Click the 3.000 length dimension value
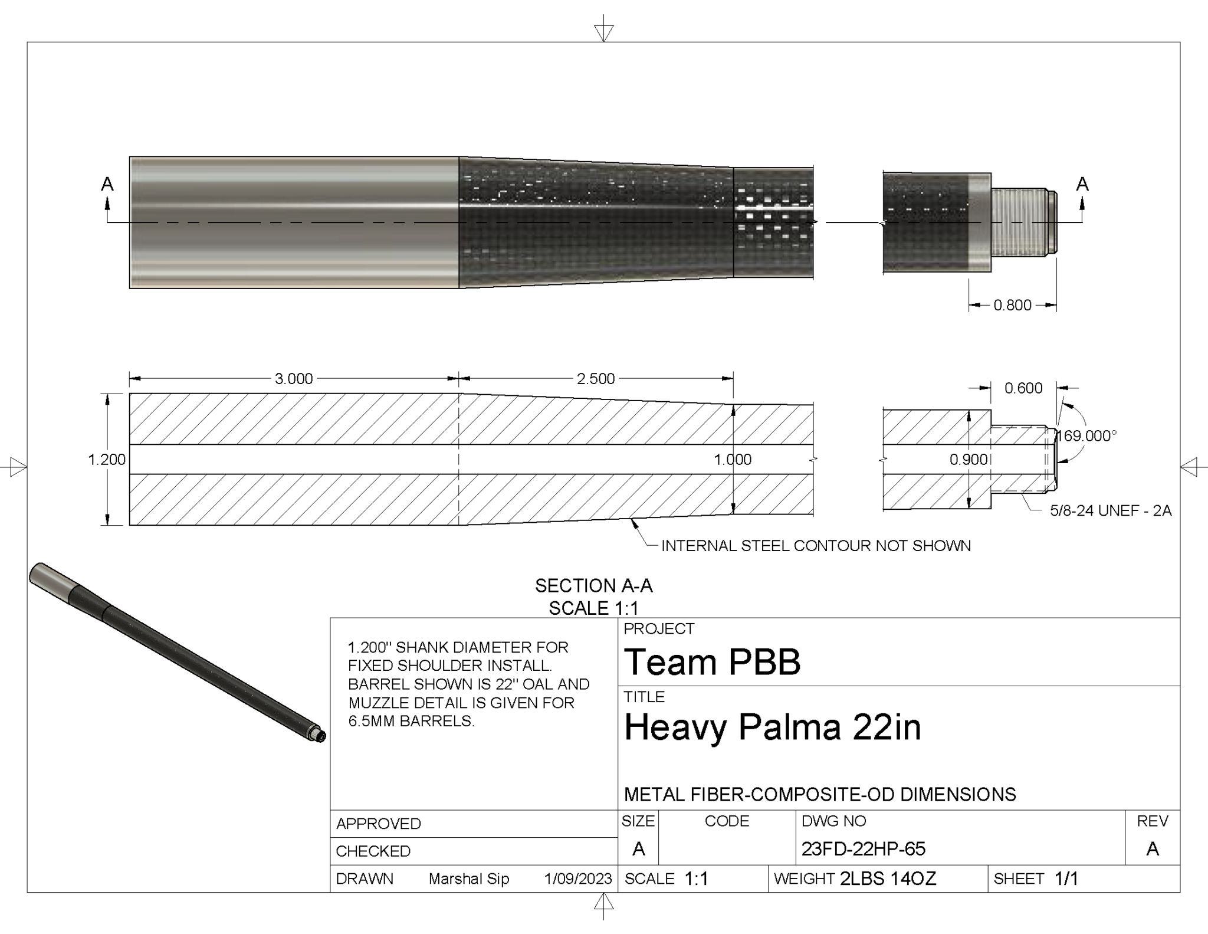[294, 379]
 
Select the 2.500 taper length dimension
[596, 379]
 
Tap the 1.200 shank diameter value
[107, 460]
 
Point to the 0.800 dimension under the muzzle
[1012, 305]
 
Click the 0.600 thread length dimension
[1023, 388]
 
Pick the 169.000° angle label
[1086, 436]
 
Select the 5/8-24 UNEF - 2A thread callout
[1110, 511]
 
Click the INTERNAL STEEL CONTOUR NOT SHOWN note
[816, 546]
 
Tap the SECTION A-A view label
[593, 586]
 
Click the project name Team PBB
[713, 661]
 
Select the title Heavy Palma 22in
[772, 727]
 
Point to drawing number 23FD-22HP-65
[863, 849]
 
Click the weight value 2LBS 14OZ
[888, 879]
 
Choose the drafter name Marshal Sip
[469, 879]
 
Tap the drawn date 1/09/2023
[578, 879]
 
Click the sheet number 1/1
[1066, 879]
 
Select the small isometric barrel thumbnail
[177, 652]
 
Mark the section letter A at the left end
[107, 185]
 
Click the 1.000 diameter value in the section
[733, 460]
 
